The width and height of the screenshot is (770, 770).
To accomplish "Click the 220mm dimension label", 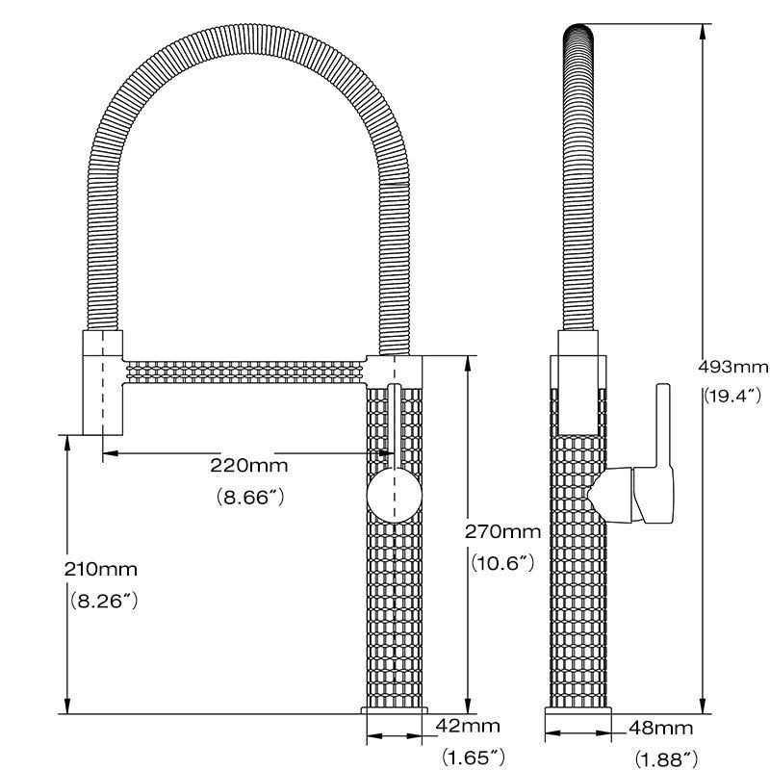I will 248,466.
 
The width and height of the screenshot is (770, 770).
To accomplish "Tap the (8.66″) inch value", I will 248,499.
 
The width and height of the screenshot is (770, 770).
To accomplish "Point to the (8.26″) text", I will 104,601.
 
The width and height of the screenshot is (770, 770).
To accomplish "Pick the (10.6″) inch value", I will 502,564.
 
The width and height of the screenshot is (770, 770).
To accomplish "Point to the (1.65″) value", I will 472,757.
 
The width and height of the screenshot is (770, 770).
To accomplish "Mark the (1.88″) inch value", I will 665,758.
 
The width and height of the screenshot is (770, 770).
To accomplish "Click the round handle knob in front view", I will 393,497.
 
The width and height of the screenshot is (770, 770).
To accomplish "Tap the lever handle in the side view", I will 662,452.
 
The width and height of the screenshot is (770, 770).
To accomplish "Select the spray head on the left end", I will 103,382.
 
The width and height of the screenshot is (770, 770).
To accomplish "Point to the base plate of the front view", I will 395,710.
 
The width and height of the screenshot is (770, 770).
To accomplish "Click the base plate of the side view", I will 578,710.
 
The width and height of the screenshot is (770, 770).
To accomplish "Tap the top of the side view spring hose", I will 578,34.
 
